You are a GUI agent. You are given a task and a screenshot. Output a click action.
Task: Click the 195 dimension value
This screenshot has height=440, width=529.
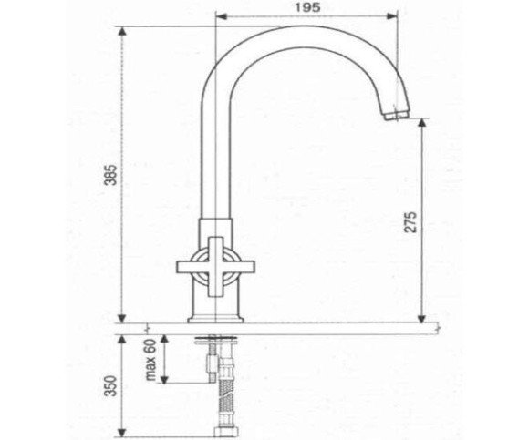[x=307, y=8]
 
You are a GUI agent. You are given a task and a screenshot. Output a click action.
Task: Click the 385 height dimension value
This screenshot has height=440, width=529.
[x=111, y=175]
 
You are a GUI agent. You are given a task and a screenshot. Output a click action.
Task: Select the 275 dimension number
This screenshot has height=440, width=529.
[x=411, y=222]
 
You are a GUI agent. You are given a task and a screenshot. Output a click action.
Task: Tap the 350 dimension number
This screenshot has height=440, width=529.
[x=111, y=386]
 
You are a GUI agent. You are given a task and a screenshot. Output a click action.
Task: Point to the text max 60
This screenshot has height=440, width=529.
[x=150, y=360]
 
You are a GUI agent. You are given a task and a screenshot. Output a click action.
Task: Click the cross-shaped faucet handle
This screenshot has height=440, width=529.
[x=215, y=267]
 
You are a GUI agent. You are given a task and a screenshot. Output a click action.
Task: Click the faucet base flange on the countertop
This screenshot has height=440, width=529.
[x=215, y=320]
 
